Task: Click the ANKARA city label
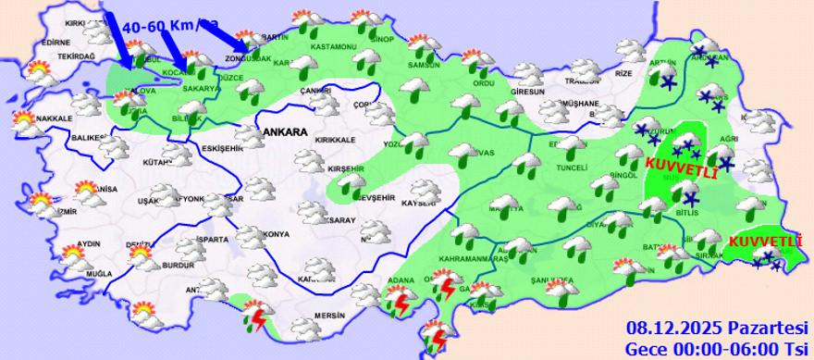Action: (x=284, y=133)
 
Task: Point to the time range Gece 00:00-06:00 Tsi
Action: (x=716, y=348)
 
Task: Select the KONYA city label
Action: (x=276, y=232)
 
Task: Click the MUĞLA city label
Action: (x=98, y=275)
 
